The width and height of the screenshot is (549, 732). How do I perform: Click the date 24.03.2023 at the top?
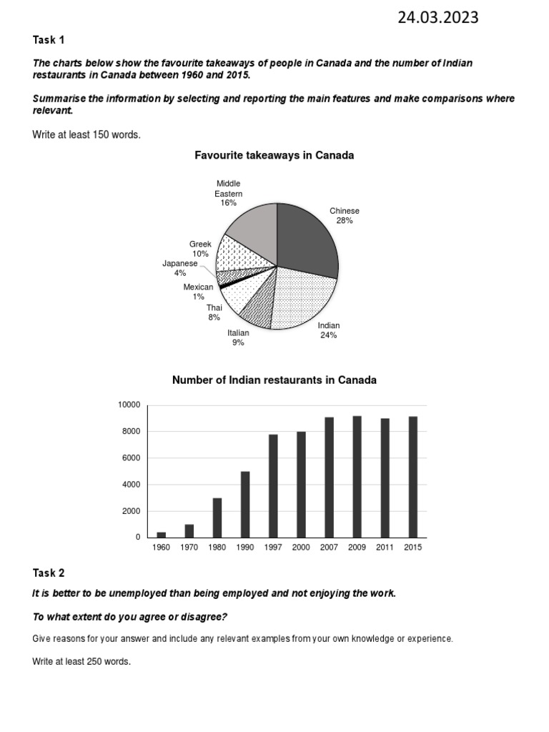click(x=438, y=18)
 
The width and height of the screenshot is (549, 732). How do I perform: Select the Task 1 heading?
click(x=48, y=40)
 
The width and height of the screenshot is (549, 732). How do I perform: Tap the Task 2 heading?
click(x=48, y=573)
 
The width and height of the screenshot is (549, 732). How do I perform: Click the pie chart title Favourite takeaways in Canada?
click(x=274, y=155)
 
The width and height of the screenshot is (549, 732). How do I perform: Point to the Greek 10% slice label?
click(x=200, y=249)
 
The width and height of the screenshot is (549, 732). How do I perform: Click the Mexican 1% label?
click(x=198, y=292)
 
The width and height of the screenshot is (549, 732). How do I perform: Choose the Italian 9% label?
click(x=238, y=337)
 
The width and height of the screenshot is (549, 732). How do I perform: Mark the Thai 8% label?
click(x=214, y=312)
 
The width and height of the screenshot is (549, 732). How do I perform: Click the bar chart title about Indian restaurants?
click(x=274, y=380)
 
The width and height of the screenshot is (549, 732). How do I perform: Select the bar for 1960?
click(x=161, y=535)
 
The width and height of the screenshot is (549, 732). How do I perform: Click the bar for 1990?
click(x=244, y=504)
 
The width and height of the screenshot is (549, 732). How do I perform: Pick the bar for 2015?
click(x=412, y=477)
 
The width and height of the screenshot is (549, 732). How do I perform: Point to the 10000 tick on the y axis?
click(x=129, y=405)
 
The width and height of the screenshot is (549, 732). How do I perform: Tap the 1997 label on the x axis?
click(x=272, y=548)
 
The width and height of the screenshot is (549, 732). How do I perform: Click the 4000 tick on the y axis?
click(x=132, y=485)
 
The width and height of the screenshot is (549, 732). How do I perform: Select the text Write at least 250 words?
click(x=81, y=662)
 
